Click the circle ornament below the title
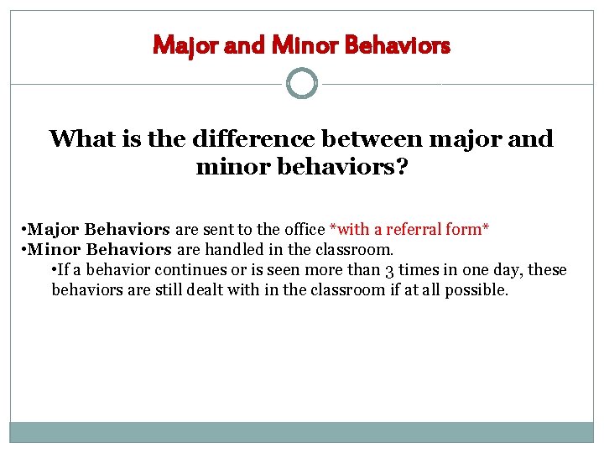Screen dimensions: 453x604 click(x=302, y=84)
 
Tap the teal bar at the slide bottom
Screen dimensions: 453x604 click(x=302, y=432)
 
